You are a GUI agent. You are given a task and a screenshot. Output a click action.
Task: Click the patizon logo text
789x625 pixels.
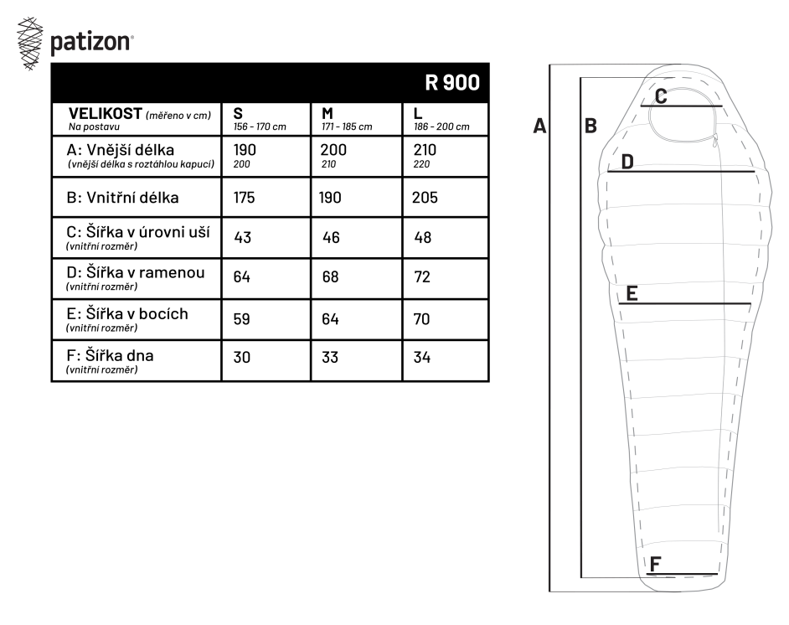click(x=91, y=42)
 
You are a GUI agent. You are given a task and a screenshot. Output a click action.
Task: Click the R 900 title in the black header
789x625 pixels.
click(x=452, y=83)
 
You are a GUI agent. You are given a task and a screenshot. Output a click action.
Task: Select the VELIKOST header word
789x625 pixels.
click(x=106, y=113)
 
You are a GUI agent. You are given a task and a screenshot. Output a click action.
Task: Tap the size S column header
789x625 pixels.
click(x=238, y=113)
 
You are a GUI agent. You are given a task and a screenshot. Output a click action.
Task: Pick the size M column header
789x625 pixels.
click(x=327, y=113)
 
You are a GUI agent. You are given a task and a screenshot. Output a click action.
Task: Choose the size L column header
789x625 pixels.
click(x=418, y=113)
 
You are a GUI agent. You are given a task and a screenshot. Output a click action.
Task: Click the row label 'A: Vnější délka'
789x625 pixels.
click(x=121, y=149)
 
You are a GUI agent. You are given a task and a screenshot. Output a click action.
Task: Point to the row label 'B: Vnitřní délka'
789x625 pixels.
click(x=122, y=197)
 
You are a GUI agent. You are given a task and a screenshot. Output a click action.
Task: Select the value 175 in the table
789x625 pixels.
click(x=244, y=197)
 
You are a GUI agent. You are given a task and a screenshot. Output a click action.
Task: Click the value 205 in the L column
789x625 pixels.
click(x=425, y=197)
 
